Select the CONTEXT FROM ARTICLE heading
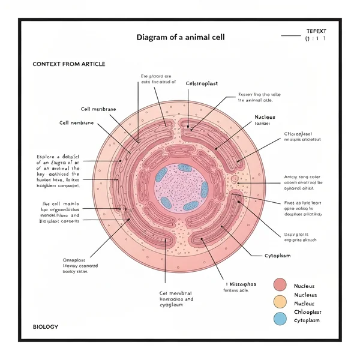(68, 64)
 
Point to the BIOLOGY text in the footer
(46, 326)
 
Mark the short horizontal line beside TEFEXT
(290, 35)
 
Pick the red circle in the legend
(280, 285)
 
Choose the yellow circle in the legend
(280, 302)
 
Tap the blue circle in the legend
(280, 319)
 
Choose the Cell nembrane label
(77, 122)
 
